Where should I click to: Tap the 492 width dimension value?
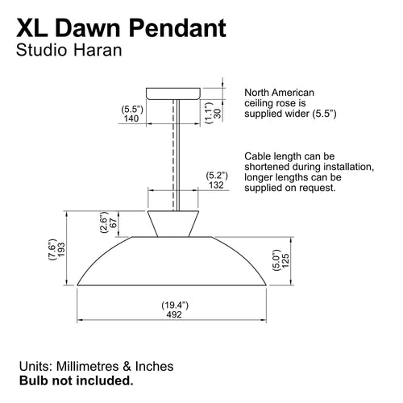pyautogui.click(x=173, y=315)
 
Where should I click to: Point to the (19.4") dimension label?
pyautogui.click(x=173, y=305)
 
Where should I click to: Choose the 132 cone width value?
pyautogui.click(x=215, y=185)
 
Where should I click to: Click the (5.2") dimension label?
pyautogui.click(x=215, y=175)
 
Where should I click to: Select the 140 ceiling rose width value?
pyautogui.click(x=131, y=118)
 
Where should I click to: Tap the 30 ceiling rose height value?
pyautogui.click(x=219, y=114)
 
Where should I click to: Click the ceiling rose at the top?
pyautogui.click(x=173, y=92)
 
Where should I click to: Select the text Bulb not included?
pyautogui.click(x=77, y=380)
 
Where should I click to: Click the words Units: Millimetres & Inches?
pyautogui.click(x=96, y=366)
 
